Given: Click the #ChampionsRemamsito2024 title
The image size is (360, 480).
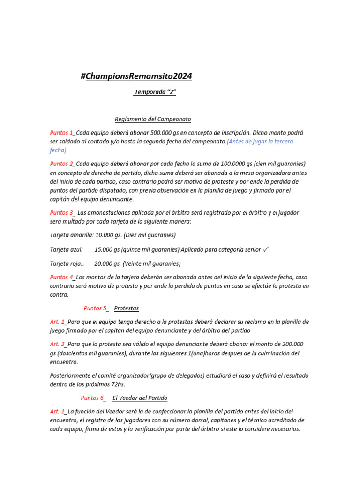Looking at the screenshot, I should (x=136, y=76).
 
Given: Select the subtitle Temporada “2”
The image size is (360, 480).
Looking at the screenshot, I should (x=155, y=92).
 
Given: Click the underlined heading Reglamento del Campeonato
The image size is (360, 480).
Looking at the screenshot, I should (x=153, y=119).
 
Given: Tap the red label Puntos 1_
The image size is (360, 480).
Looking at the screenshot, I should (x=62, y=133).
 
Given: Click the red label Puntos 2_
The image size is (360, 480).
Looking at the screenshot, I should (x=62, y=164).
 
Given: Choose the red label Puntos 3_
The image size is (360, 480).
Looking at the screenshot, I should (x=62, y=213).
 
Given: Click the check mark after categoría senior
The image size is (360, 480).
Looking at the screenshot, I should (x=266, y=249).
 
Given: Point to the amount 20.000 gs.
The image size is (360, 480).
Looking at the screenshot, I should (x=107, y=263).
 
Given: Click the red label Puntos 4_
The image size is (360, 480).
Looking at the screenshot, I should (x=62, y=277).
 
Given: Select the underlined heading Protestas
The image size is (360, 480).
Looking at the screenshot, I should (x=127, y=308).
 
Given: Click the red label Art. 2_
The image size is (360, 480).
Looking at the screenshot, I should (x=58, y=344).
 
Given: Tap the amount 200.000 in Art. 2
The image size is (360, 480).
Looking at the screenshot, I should (x=292, y=344).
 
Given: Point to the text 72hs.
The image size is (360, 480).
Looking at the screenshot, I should (x=116, y=384).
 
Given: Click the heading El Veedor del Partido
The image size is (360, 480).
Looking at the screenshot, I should (x=140, y=398).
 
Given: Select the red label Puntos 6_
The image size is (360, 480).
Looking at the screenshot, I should (x=93, y=398).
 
